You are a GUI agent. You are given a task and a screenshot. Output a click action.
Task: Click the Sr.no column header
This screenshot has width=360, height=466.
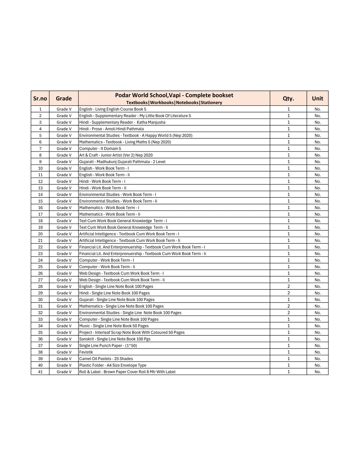[x=40, y=98]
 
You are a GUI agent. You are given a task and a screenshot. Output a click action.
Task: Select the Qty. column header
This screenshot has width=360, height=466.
[x=288, y=98]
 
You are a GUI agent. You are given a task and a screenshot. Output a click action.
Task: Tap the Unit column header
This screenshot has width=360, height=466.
[x=317, y=98]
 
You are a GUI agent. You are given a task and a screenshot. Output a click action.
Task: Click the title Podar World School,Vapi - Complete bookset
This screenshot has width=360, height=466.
[x=174, y=95]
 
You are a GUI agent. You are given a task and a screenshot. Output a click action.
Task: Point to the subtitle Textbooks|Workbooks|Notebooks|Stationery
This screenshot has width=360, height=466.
[x=174, y=102]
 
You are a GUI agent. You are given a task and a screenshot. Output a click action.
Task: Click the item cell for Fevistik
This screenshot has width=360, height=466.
[x=86, y=352]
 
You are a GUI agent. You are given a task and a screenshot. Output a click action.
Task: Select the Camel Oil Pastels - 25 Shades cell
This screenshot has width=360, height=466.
[x=106, y=359]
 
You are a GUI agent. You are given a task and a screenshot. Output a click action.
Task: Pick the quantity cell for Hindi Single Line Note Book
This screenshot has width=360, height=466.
[x=288, y=293]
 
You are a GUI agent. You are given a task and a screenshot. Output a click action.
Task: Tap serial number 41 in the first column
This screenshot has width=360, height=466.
[x=40, y=372]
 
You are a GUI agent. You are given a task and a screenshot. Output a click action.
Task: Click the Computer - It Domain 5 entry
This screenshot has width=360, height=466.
[x=100, y=149]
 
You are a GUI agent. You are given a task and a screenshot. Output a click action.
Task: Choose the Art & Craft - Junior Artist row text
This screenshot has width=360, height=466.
[x=116, y=155]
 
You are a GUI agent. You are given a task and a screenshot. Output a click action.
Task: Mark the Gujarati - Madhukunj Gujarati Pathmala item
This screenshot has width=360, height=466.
[x=122, y=162]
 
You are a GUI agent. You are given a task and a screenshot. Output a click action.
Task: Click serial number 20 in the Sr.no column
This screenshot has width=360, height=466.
[x=40, y=234]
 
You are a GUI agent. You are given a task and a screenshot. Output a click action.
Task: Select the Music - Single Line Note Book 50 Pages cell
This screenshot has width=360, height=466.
[x=114, y=326]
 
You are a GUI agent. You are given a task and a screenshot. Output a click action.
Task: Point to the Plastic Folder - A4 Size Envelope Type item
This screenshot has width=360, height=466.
[x=113, y=365]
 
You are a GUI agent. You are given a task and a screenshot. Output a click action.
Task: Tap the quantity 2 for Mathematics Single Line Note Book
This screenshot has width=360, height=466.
[x=288, y=306]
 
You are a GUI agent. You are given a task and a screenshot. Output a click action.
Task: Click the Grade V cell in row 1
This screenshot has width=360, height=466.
[x=64, y=109]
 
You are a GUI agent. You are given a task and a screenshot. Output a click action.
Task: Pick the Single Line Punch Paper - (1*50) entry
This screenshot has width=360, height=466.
[x=108, y=345]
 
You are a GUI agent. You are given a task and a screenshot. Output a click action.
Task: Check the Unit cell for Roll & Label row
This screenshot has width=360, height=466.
[x=317, y=372]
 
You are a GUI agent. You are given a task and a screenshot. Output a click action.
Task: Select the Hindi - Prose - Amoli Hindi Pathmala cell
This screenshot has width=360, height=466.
[x=112, y=129]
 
